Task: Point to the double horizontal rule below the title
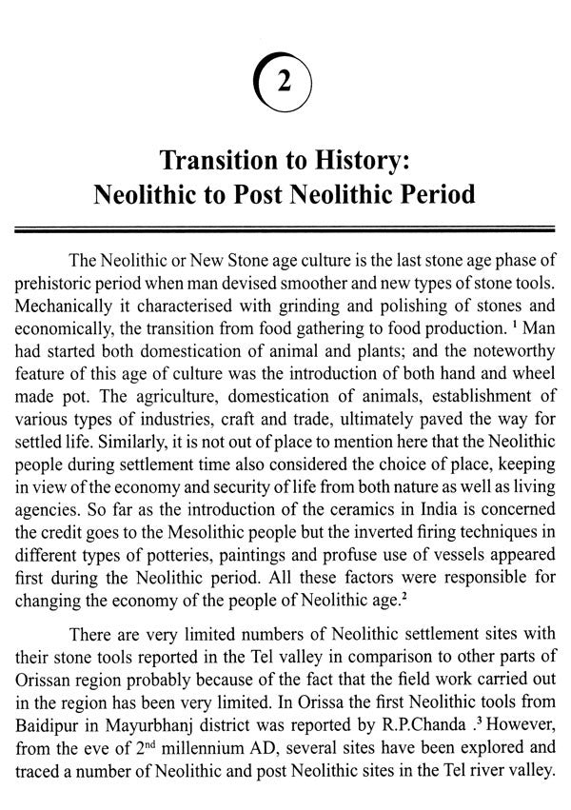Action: (x=285, y=229)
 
